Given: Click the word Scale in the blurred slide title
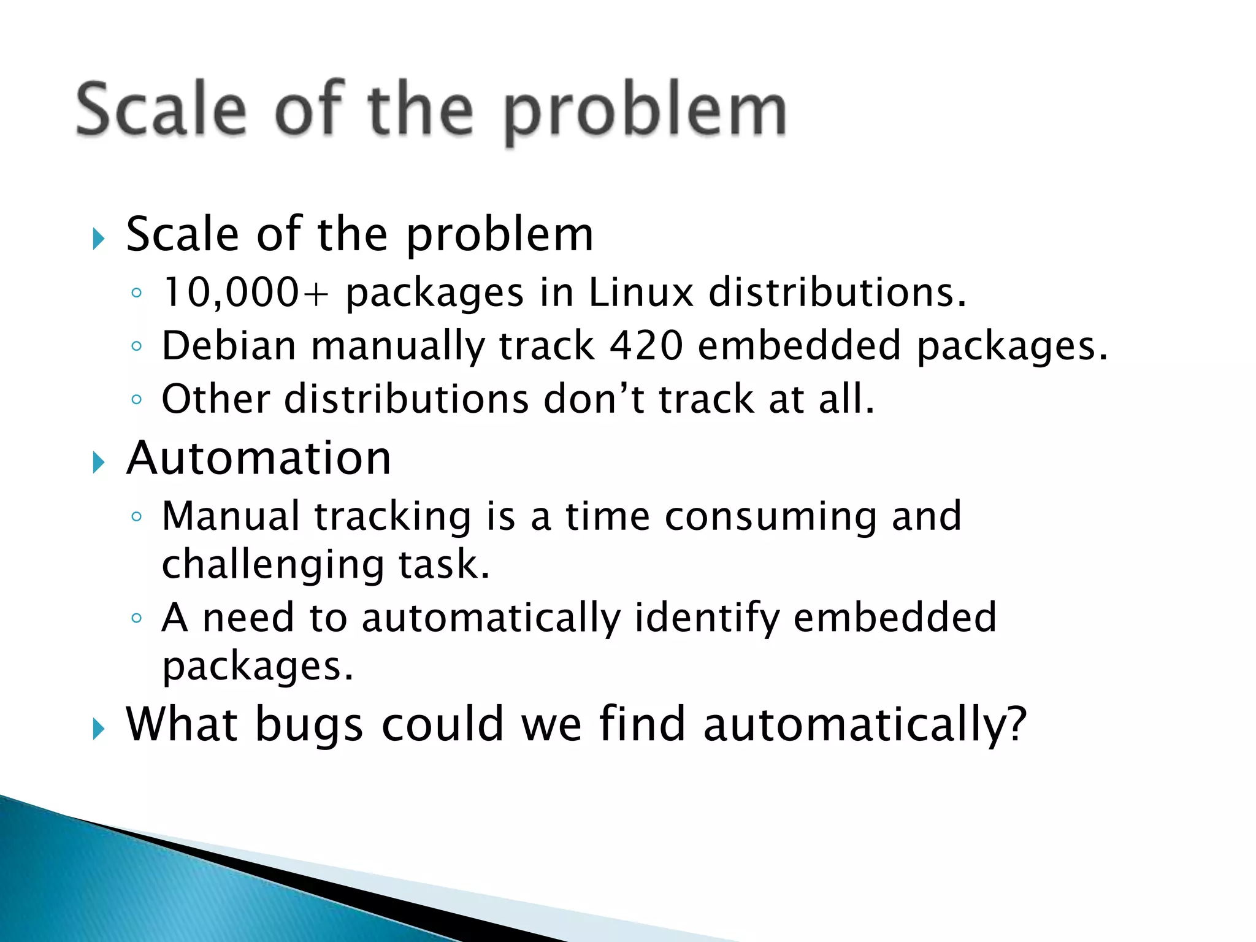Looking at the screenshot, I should point(161,110).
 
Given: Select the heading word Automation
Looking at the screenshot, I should point(258,458).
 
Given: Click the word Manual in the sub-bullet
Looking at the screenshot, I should point(231,516).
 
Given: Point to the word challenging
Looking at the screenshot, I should point(272,565).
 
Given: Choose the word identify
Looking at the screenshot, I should point(706,618).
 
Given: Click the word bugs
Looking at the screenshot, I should point(309,726).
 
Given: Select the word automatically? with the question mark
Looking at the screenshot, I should point(865,726).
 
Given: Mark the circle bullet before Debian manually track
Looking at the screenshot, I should point(136,347).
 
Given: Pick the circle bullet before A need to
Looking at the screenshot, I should point(136,618).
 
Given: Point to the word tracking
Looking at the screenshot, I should point(392,517).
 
